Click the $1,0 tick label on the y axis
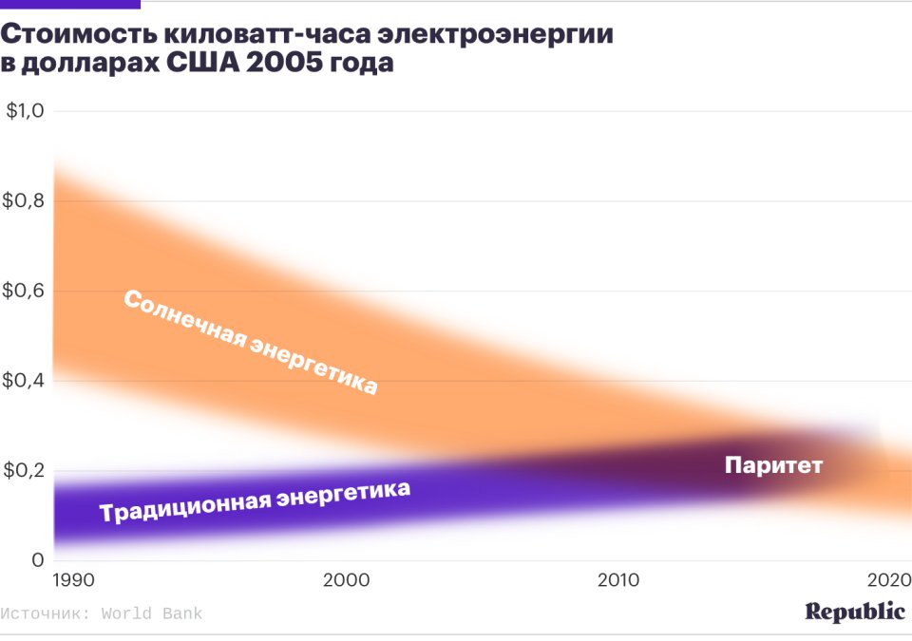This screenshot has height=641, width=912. point(26,111)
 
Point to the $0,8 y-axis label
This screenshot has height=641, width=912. point(26,201)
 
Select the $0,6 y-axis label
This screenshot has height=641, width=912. point(26,291)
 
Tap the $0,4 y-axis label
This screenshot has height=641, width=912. point(26,381)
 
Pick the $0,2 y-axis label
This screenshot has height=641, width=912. point(26,471)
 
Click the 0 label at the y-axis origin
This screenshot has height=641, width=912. point(37,560)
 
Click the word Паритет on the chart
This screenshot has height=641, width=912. point(772,466)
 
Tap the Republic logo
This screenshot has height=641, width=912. point(855,612)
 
